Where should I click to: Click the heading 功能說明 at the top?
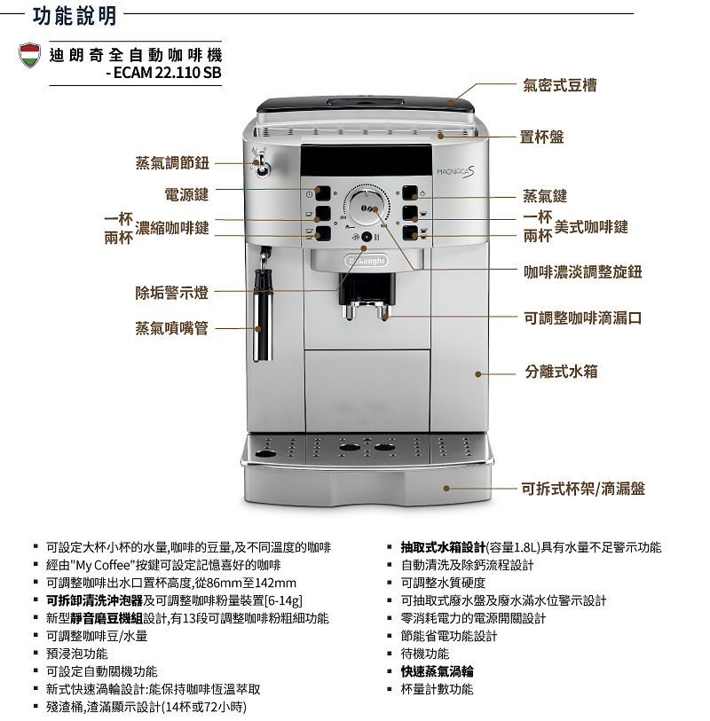tap(75, 16)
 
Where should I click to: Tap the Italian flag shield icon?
tap(29, 55)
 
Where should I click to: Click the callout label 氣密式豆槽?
tap(559, 85)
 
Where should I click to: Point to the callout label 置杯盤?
tap(541, 137)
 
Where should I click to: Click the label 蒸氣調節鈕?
tap(172, 163)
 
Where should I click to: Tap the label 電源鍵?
tap(186, 194)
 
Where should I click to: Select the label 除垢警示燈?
tap(171, 293)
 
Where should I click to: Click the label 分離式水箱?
tap(562, 372)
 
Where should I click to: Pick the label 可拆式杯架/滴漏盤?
tap(583, 489)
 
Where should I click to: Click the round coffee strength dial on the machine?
tap(367, 208)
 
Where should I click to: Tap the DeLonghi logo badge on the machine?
tap(367, 261)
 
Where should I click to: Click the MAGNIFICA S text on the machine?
tap(455, 171)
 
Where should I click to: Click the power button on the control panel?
tap(322, 193)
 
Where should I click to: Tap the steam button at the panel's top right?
tap(410, 193)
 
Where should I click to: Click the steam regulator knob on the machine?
tap(263, 167)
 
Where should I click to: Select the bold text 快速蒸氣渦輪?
tap(437, 671)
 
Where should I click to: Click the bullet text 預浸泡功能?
tap(77, 654)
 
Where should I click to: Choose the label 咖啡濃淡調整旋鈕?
tap(582, 271)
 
